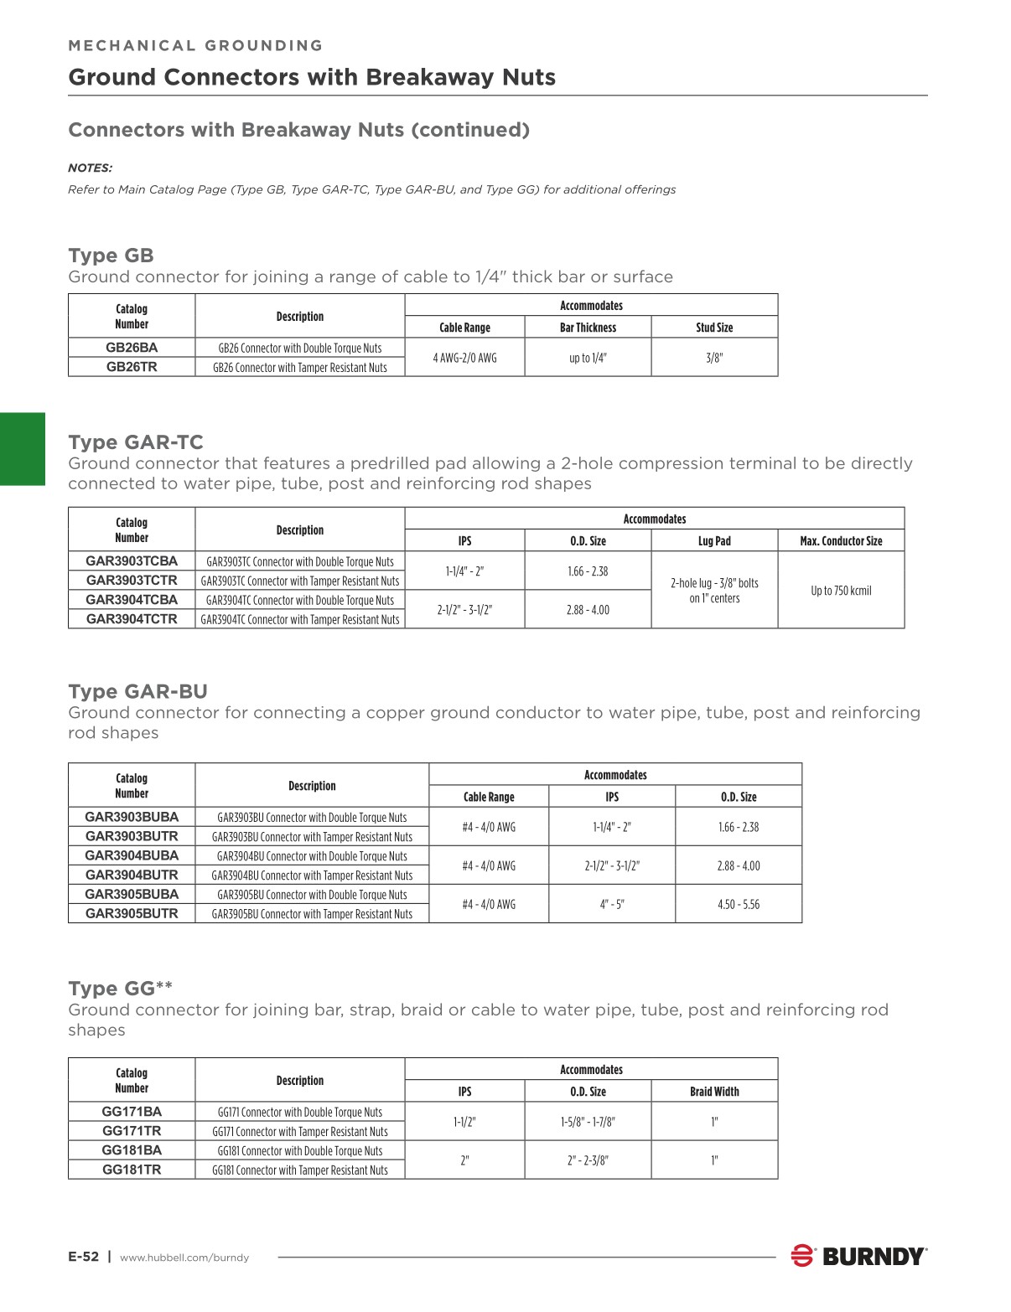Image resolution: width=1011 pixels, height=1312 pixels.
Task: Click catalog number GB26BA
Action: point(132,348)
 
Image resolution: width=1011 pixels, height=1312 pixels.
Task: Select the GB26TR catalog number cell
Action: point(132,367)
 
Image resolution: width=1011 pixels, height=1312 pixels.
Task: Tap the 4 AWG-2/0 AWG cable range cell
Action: point(464,358)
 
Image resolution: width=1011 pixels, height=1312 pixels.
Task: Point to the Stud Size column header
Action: point(714,328)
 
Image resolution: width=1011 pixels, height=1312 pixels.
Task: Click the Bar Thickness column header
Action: point(588,328)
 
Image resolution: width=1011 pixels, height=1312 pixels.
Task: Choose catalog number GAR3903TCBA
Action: point(132,561)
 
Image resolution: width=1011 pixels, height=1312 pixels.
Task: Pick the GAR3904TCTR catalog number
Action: point(132,619)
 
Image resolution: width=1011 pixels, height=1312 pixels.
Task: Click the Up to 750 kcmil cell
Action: point(841,591)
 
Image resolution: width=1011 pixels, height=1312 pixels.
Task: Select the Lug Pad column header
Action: point(714,541)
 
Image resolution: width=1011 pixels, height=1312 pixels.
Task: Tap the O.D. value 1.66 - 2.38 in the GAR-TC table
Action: point(588,571)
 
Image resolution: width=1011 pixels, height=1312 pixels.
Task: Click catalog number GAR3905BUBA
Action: point(132,894)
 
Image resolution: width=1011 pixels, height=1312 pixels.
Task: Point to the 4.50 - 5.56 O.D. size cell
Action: point(739,905)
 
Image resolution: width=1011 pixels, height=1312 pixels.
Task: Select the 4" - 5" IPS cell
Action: point(612,905)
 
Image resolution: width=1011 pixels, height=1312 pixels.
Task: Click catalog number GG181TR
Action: point(132,1170)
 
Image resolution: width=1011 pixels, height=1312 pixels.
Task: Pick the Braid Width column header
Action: point(714,1092)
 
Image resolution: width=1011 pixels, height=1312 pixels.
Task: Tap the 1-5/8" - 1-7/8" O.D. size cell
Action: point(588,1122)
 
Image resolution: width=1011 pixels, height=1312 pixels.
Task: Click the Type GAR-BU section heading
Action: point(137,692)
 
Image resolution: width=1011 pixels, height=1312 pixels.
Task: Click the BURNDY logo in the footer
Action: point(859,1257)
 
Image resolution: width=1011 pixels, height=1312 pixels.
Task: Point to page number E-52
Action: point(83,1257)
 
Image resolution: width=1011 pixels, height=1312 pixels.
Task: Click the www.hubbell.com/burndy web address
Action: point(184,1258)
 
